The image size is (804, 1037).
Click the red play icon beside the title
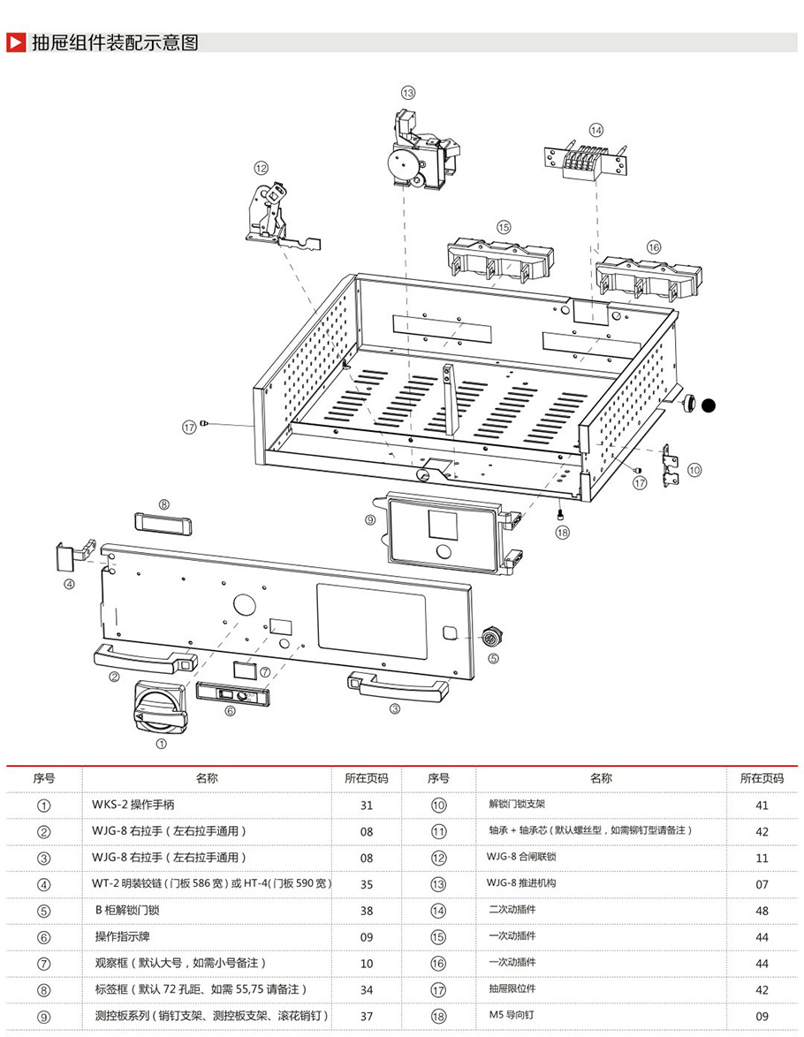pos(15,42)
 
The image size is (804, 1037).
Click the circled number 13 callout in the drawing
pos(407,92)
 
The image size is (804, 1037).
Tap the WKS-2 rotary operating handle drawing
pos(160,708)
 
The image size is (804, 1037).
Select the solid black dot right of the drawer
pos(708,405)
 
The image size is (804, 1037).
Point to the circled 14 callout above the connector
pos(596,129)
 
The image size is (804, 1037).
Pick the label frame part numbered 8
pos(163,521)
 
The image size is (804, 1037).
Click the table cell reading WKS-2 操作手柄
pos(133,805)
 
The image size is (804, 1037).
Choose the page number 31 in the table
pos(367,805)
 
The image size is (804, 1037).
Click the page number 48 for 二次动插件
pos(762,911)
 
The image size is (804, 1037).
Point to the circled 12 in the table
pos(439,858)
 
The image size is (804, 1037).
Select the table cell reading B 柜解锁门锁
pos(127,911)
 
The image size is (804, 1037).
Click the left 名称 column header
pos(207,778)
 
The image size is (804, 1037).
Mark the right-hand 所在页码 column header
pos(762,778)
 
